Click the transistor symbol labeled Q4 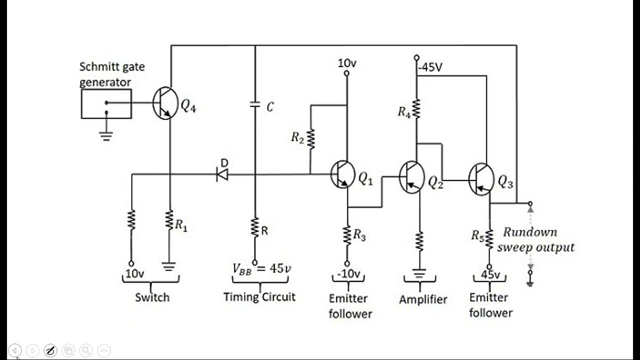coord(165,103)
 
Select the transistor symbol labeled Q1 coord(343,174)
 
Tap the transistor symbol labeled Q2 coord(412,177)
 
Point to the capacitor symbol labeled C coord(255,105)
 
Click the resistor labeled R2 coord(310,138)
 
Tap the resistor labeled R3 coord(347,234)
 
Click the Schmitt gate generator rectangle coord(106,103)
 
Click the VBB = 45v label coord(261,268)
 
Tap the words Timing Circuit coord(259,296)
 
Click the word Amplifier coord(423,299)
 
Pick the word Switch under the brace coord(152,297)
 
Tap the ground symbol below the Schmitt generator coord(106,135)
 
